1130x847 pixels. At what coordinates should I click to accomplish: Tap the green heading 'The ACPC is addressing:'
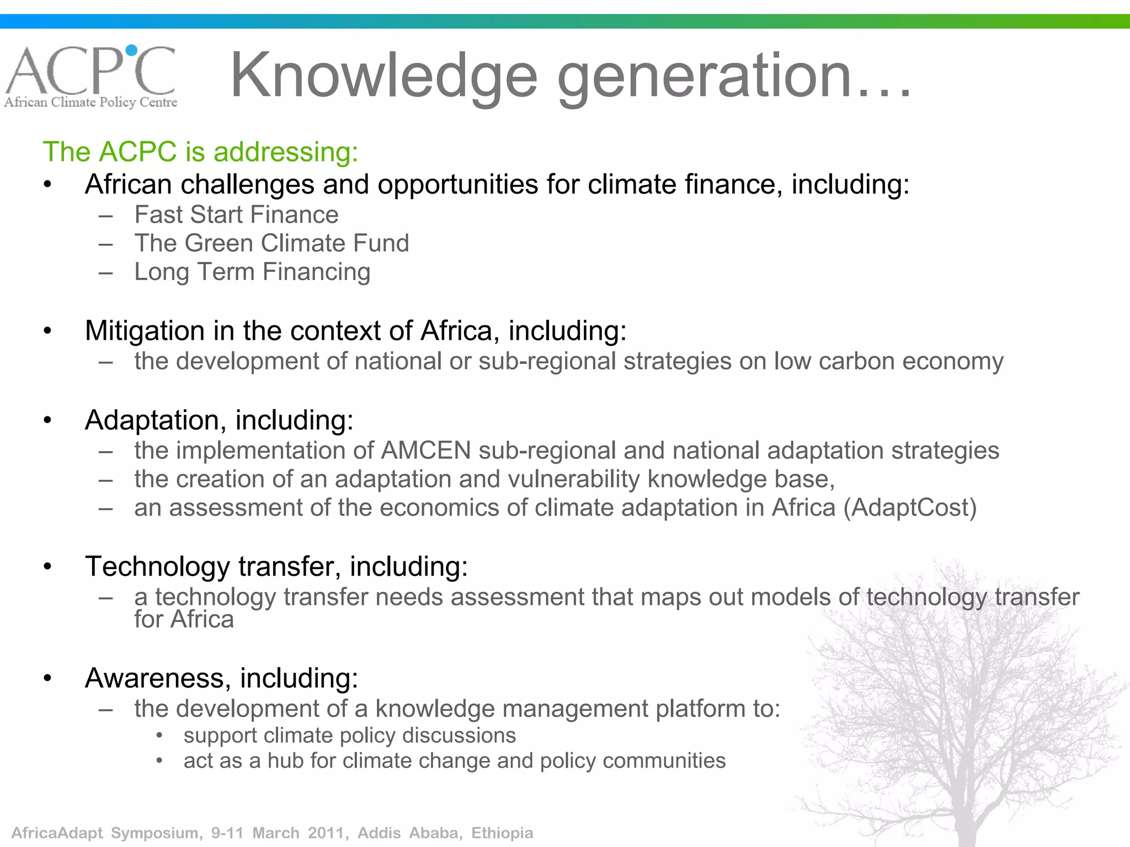[x=201, y=152]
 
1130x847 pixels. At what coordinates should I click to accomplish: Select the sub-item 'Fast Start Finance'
[x=236, y=215]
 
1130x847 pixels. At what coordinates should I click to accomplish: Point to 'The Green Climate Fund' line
[x=271, y=243]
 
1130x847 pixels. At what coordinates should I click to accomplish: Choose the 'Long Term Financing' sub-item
[x=252, y=272]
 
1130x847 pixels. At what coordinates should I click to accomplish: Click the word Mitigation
[x=145, y=331]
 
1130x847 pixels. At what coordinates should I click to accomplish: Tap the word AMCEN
[x=425, y=451]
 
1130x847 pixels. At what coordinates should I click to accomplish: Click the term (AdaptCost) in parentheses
[x=910, y=508]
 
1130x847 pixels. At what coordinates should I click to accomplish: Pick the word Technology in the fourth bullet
[x=157, y=566]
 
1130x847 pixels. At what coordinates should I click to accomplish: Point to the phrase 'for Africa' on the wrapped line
[x=184, y=619]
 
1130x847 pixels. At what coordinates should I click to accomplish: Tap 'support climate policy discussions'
[x=350, y=736]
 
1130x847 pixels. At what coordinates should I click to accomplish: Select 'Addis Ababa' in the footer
[x=408, y=833]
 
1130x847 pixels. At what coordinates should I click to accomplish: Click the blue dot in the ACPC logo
[x=131, y=50]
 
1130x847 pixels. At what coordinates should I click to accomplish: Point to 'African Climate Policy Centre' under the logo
[x=91, y=103]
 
